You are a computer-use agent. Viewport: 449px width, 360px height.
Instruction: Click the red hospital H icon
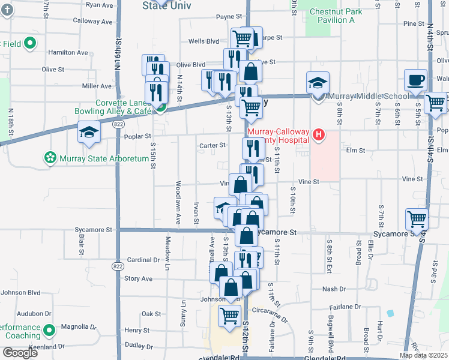[319, 136]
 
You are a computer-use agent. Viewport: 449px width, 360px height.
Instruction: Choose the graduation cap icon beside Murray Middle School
[318, 84]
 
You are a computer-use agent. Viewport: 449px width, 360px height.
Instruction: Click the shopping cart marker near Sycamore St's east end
[417, 220]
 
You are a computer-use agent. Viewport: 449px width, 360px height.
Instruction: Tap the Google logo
[20, 353]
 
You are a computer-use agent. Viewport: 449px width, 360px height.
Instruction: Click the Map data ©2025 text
[423, 355]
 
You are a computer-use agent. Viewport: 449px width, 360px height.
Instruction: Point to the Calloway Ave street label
[93, 21]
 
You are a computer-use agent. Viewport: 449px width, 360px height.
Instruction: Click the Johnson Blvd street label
[20, 293]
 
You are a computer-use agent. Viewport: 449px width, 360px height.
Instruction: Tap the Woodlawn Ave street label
[178, 203]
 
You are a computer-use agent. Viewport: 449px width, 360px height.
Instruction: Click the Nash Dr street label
[334, 289]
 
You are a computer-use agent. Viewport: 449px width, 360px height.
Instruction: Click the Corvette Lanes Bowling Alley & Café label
[114, 107]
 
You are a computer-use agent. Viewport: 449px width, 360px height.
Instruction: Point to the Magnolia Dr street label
[78, 327]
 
